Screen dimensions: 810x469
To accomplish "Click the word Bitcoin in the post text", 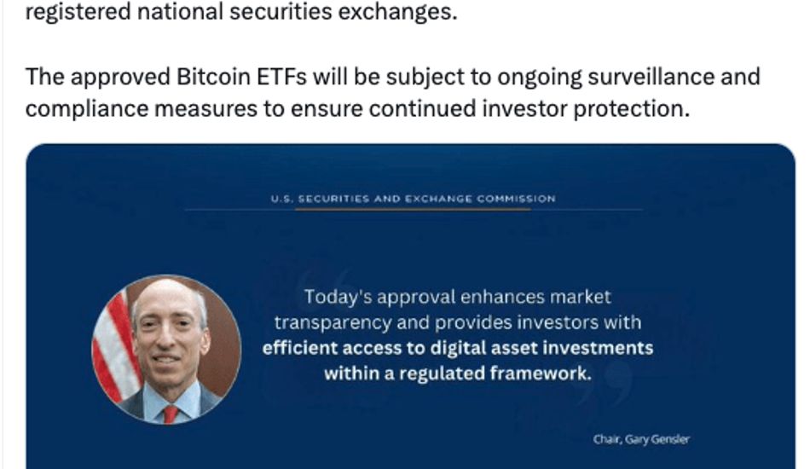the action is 213,77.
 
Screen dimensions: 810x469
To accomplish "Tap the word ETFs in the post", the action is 281,77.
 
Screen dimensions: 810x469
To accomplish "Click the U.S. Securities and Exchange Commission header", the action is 414,199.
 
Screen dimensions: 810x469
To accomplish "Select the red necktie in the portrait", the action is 170,414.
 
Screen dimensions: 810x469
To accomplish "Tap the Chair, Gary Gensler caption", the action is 641,439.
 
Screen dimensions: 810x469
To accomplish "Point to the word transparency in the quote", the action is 333,323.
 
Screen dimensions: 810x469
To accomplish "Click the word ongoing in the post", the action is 539,78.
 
